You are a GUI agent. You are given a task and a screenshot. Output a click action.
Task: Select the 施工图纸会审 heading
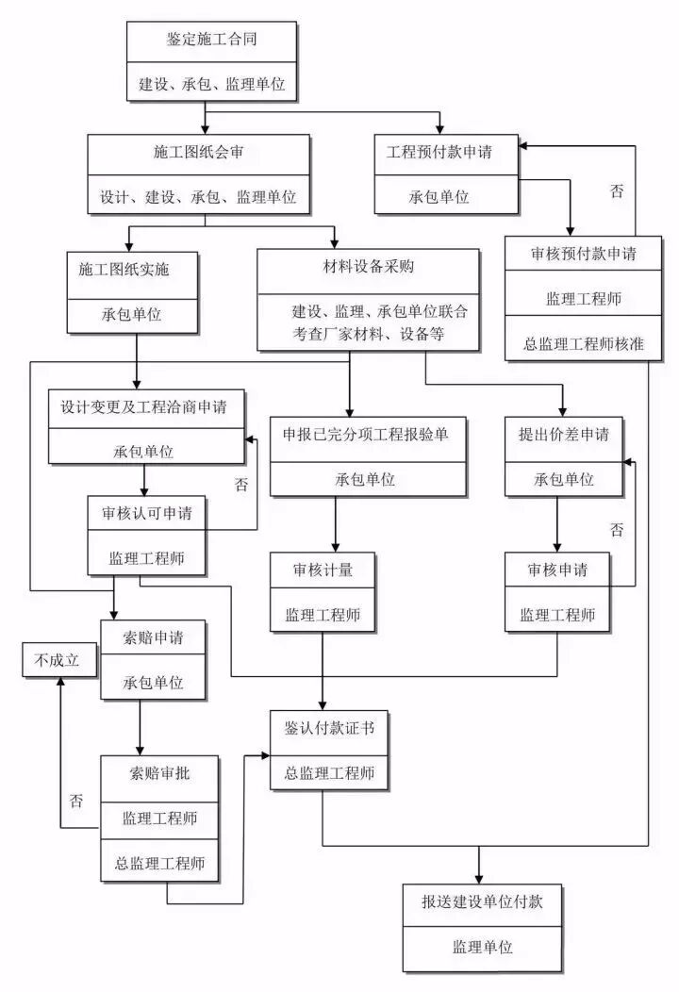199,152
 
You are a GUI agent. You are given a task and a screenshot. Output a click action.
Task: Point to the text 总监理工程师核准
584,344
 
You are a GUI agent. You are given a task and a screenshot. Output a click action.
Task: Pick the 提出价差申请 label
564,435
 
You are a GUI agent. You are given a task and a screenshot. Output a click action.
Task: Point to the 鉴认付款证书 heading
323,727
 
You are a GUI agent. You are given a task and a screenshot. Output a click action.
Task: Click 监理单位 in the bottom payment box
482,947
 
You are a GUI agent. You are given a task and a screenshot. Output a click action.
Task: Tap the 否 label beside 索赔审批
76,801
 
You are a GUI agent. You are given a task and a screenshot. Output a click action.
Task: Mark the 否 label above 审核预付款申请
617,191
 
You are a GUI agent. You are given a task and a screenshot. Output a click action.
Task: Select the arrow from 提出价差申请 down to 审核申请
556,524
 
